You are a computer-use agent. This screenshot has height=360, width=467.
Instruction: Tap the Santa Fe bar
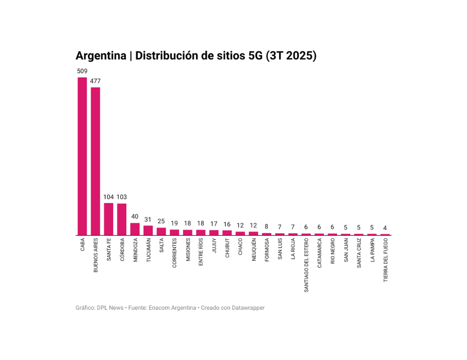[x=109, y=219]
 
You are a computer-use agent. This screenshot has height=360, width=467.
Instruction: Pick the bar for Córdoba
[x=122, y=219]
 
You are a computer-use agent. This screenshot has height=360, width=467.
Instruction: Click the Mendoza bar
[x=135, y=229]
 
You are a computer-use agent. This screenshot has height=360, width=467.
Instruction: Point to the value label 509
[x=82, y=71]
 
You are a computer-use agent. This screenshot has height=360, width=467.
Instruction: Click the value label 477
[x=95, y=81]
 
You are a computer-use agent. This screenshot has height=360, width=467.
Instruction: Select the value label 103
[x=122, y=197]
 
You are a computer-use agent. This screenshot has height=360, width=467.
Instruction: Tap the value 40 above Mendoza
[x=135, y=216]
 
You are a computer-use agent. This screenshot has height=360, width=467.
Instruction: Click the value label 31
[x=148, y=219]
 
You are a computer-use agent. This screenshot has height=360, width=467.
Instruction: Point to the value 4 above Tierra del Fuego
[x=385, y=228]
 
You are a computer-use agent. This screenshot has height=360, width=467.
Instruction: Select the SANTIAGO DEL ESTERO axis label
[x=306, y=265]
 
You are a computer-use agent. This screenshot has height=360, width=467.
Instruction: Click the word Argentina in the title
[x=101, y=56]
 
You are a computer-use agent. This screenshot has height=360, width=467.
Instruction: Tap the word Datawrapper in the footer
[x=249, y=308]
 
